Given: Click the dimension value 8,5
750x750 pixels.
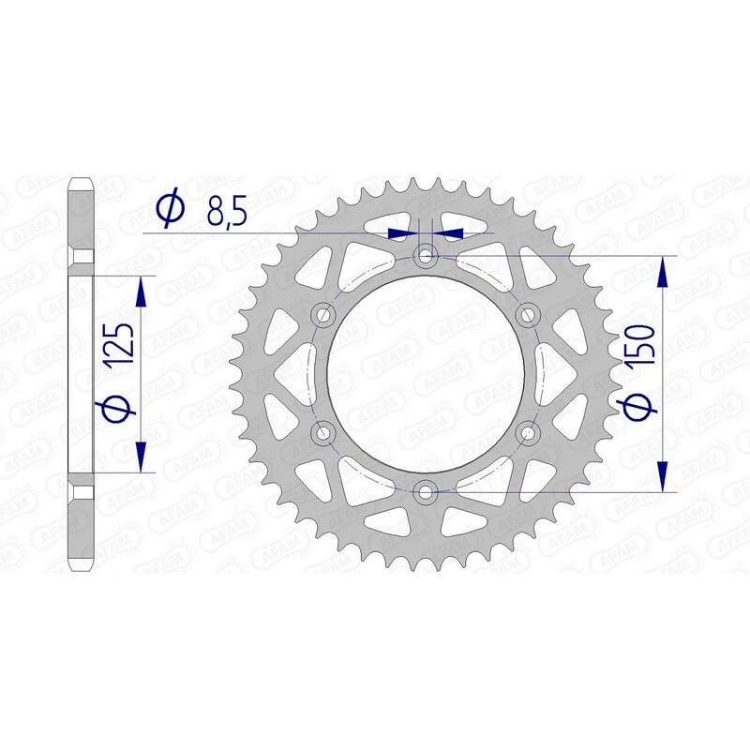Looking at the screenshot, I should click(x=227, y=213).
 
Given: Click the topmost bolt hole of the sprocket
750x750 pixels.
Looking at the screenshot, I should click(x=427, y=255).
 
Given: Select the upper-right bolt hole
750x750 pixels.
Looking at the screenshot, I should click(x=529, y=313).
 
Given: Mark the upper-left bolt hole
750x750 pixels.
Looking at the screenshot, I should click(x=325, y=313).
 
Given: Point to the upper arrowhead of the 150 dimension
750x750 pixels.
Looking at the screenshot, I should click(x=665, y=271).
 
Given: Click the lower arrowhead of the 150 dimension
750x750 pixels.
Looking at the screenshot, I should click(x=665, y=474).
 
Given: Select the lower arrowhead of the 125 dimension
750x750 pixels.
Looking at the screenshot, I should click(x=142, y=457).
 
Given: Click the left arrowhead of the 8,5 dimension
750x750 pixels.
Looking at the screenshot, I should click(x=403, y=232).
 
